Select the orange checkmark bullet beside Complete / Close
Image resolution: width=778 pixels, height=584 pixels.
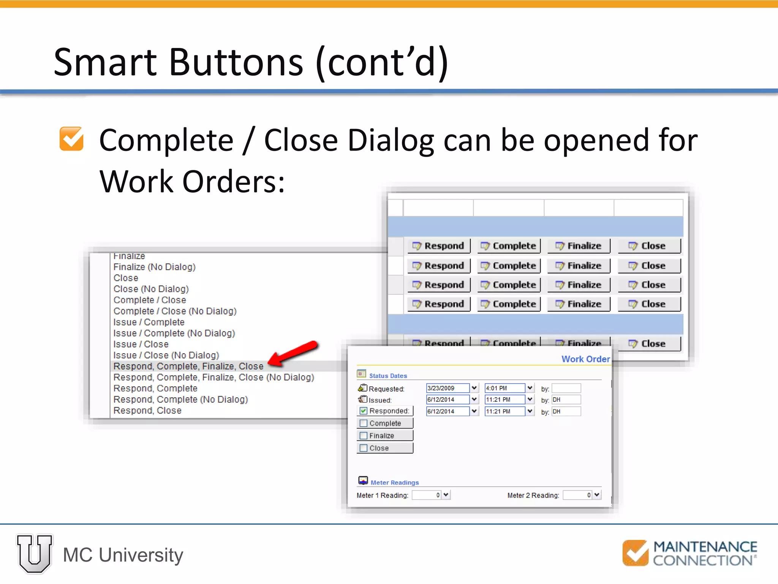click(x=71, y=139)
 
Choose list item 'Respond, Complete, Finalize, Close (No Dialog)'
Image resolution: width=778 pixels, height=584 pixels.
click(x=213, y=377)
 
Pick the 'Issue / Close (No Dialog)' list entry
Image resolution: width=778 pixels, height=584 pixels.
click(x=166, y=355)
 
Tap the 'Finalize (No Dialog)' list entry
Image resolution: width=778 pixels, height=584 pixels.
click(x=154, y=267)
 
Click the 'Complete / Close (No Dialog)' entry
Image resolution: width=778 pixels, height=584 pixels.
click(x=175, y=311)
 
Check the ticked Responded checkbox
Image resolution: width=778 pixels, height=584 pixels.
click(x=364, y=411)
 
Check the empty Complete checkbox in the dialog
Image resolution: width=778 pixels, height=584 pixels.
click(x=364, y=423)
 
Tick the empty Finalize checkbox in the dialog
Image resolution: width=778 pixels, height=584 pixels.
click(x=364, y=436)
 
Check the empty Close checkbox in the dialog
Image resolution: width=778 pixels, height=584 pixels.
click(x=364, y=448)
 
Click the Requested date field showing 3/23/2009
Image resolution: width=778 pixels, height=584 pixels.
click(x=448, y=388)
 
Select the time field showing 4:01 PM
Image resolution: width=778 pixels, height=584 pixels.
click(x=504, y=388)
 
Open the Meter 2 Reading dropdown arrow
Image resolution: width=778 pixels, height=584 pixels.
click(x=597, y=495)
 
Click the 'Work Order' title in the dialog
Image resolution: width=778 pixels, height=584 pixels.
click(x=585, y=359)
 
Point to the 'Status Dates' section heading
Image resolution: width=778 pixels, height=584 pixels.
click(x=388, y=376)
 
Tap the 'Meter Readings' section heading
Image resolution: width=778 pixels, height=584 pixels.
click(x=394, y=482)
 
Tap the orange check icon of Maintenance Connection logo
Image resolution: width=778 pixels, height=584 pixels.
click(x=635, y=553)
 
